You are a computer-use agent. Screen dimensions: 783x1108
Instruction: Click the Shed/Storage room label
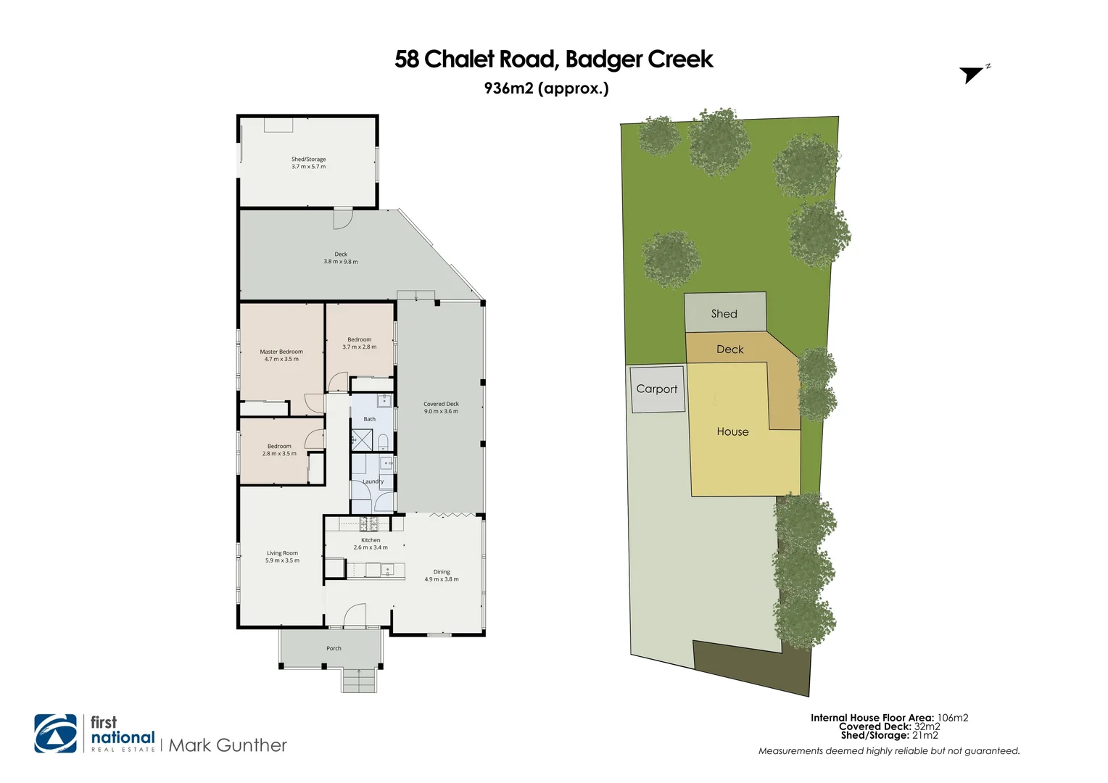pyautogui.click(x=308, y=159)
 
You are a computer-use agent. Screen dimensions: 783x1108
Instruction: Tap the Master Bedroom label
pyautogui.click(x=281, y=352)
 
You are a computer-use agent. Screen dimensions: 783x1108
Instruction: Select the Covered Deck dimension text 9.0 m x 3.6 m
pyautogui.click(x=441, y=411)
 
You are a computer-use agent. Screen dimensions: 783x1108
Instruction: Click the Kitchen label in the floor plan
pyautogui.click(x=371, y=540)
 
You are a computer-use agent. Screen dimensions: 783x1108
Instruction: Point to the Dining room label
pyautogui.click(x=442, y=572)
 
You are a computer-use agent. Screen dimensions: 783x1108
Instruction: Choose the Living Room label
pyautogui.click(x=282, y=553)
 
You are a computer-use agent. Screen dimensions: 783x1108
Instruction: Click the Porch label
pyautogui.click(x=334, y=648)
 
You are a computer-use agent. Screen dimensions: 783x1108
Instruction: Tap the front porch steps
pyautogui.click(x=360, y=680)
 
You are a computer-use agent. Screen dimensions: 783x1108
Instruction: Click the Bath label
pyautogui.click(x=370, y=419)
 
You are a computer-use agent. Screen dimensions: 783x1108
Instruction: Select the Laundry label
pyautogui.click(x=373, y=481)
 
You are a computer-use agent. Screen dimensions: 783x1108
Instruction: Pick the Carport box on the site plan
pyautogui.click(x=657, y=389)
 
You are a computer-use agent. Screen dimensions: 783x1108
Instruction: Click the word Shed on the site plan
pyautogui.click(x=724, y=314)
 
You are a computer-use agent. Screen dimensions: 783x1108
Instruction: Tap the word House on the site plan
pyautogui.click(x=732, y=431)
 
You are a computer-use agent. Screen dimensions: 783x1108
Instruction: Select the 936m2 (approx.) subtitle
pyautogui.click(x=546, y=88)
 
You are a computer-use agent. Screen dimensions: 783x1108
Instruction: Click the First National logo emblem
pyautogui.click(x=56, y=734)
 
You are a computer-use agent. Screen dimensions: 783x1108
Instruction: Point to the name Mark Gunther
pyautogui.click(x=228, y=745)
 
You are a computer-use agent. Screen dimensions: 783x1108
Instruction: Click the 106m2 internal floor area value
pyautogui.click(x=952, y=718)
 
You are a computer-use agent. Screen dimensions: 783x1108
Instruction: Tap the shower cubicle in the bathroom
pyautogui.click(x=361, y=439)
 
